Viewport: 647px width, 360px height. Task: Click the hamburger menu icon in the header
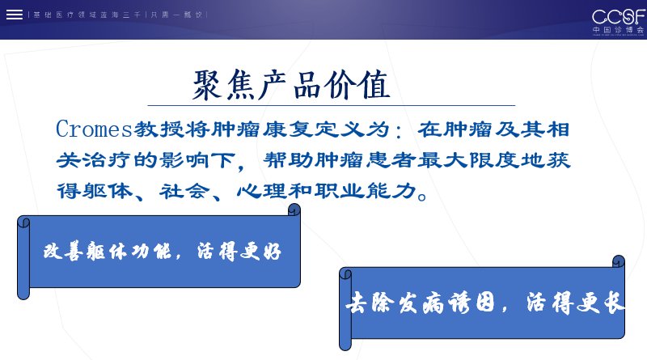click(x=15, y=15)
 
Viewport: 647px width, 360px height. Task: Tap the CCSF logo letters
click(x=618, y=17)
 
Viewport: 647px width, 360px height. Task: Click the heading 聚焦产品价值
click(x=291, y=85)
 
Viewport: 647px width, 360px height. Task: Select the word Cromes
click(x=94, y=129)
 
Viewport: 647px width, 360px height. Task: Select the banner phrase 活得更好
click(x=239, y=251)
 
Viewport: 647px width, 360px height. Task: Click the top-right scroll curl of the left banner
click(x=294, y=210)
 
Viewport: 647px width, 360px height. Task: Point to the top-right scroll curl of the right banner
click(x=618, y=261)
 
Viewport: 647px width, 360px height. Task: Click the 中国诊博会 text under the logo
click(x=618, y=30)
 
